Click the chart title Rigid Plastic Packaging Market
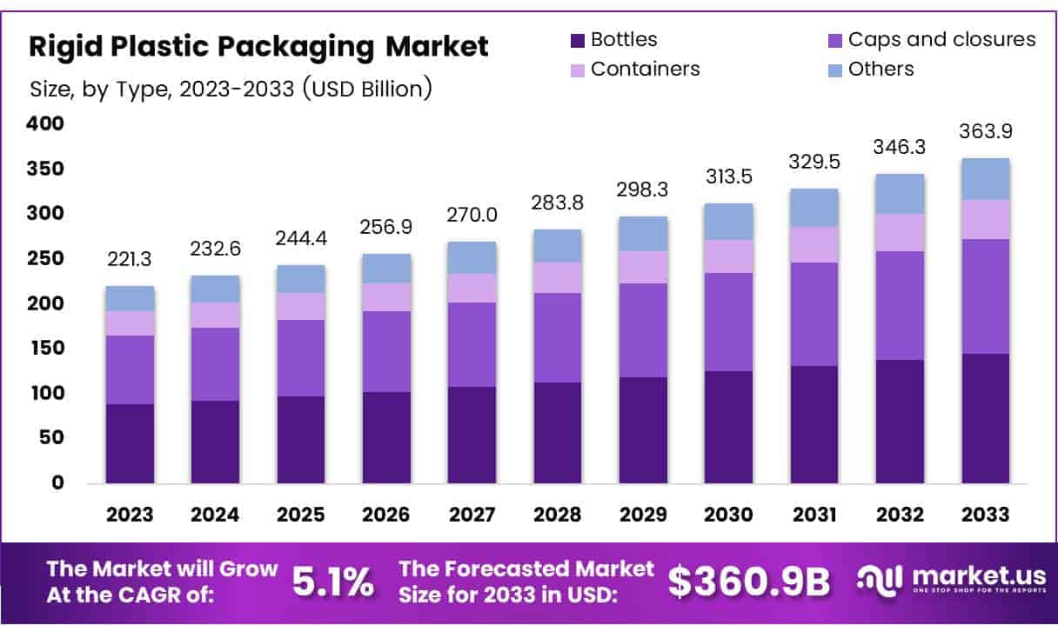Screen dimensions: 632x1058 pos(258,47)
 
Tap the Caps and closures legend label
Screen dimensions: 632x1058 pos(941,39)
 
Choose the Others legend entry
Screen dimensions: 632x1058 pos(881,69)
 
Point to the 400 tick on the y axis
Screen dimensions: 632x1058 pos(46,124)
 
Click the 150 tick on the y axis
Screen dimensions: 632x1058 pos(46,349)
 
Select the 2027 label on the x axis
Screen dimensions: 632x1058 pos(472,515)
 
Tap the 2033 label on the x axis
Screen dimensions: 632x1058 pos(986,515)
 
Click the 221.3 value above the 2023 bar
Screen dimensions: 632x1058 pos(130,259)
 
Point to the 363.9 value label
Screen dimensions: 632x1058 pos(986,132)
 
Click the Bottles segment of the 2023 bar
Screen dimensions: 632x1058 pos(130,443)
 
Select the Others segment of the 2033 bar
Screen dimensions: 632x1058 pos(986,179)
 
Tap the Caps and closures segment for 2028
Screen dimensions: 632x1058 pos(558,337)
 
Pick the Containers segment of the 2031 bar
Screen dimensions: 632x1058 pos(814,244)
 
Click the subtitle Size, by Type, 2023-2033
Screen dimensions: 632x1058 pos(231,89)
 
